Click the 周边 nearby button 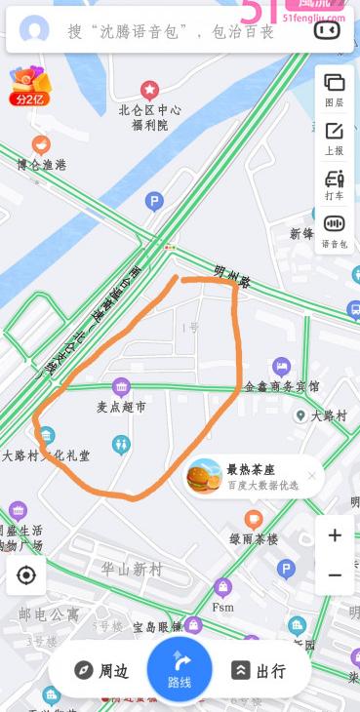(x=101, y=670)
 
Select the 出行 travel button (x=259, y=670)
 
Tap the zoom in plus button (x=335, y=535)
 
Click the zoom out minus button (x=335, y=575)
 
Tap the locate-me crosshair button (x=26, y=575)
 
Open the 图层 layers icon (x=334, y=88)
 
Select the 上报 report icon (x=334, y=137)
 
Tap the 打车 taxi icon (x=334, y=183)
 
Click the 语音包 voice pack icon (x=334, y=230)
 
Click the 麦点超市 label (x=121, y=406)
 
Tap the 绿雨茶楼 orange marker (x=254, y=519)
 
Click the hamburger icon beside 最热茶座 (x=205, y=476)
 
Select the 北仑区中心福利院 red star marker (x=149, y=90)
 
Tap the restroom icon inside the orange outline (x=121, y=444)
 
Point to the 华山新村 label (x=132, y=569)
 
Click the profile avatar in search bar (x=34, y=30)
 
